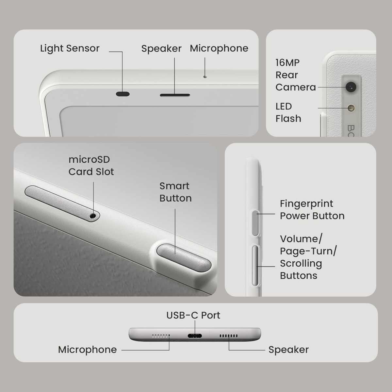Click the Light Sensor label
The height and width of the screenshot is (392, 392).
coord(70,49)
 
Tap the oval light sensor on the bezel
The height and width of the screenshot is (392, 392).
coord(123,94)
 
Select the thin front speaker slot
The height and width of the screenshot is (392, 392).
coord(175,95)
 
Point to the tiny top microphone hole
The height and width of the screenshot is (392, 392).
coord(205,77)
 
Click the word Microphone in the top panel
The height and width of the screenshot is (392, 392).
coord(219,48)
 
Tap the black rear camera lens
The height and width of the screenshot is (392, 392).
coord(351,87)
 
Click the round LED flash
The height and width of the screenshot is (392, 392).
coord(351,108)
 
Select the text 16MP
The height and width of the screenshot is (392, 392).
coord(287,63)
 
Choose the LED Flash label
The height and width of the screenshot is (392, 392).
coord(288,112)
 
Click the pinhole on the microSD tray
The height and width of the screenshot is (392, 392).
coord(93,216)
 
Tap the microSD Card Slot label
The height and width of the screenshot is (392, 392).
coord(91,166)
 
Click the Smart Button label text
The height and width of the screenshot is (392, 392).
coord(175,192)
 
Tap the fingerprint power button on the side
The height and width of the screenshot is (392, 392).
coord(255,223)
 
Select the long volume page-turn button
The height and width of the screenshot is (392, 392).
coord(255,266)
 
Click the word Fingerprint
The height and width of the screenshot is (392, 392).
coord(306,204)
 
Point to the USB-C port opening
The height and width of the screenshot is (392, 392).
coord(195,336)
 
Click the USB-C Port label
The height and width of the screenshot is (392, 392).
coord(193,315)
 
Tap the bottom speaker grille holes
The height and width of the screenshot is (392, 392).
coord(228,336)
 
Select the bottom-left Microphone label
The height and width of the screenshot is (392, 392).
coord(88,350)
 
